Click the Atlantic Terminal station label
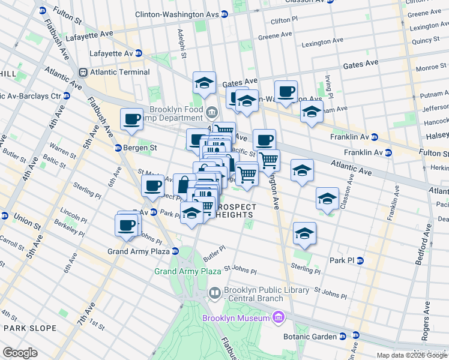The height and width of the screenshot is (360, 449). pyautogui.click(x=119, y=73)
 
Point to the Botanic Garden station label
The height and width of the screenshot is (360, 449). pyautogui.click(x=324, y=335)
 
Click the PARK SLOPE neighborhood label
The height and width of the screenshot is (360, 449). pyautogui.click(x=30, y=328)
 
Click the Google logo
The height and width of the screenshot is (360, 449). pyautogui.click(x=20, y=353)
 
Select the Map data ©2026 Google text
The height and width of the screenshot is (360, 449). pyautogui.click(x=411, y=355)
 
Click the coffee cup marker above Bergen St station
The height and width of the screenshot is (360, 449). pyautogui.click(x=131, y=119)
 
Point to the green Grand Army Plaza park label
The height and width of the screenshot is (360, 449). pyautogui.click(x=188, y=271)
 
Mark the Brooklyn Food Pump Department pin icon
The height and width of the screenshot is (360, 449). pyautogui.click(x=211, y=112)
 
